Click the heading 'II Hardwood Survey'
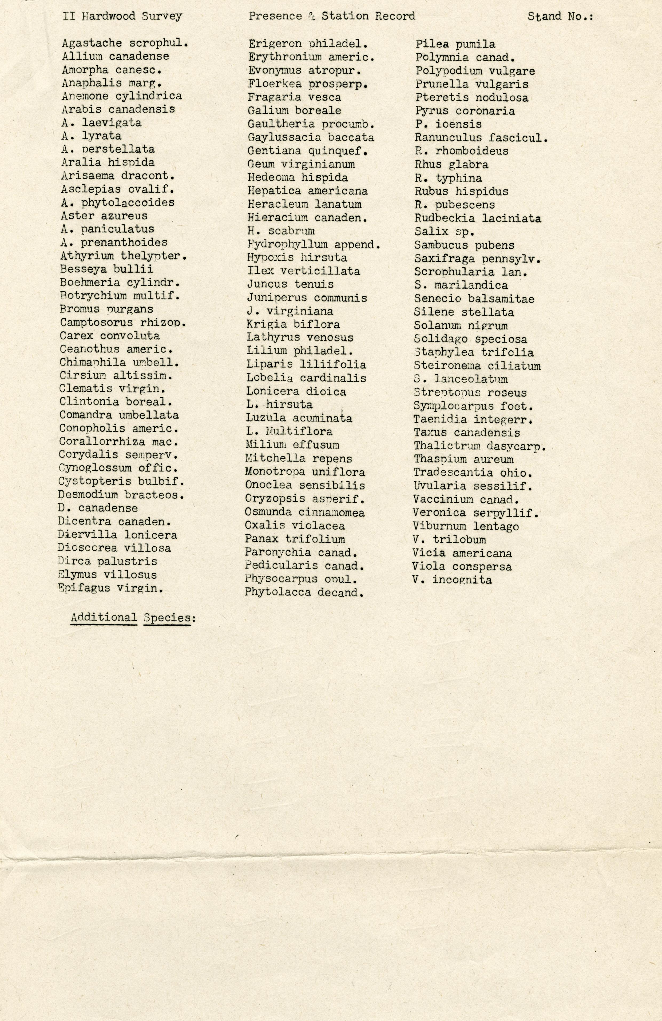pyautogui.click(x=122, y=16)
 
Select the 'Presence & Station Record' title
pyautogui.click(x=332, y=16)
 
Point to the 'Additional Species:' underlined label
pyautogui.click(x=130, y=618)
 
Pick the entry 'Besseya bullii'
pyautogui.click(x=106, y=269)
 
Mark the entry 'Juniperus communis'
pyautogui.click(x=307, y=298)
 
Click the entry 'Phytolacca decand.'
pyautogui.click(x=304, y=593)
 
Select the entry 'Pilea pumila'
pyautogui.click(x=455, y=44)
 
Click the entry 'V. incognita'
pyautogui.click(x=452, y=580)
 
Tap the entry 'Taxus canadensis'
pyautogui.click(x=467, y=433)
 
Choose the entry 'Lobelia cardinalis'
pyautogui.click(x=306, y=378)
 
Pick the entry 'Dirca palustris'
pyautogui.click(x=107, y=562)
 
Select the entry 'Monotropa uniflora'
pyautogui.click(x=305, y=472)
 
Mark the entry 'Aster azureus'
pyautogui.click(x=104, y=216)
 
